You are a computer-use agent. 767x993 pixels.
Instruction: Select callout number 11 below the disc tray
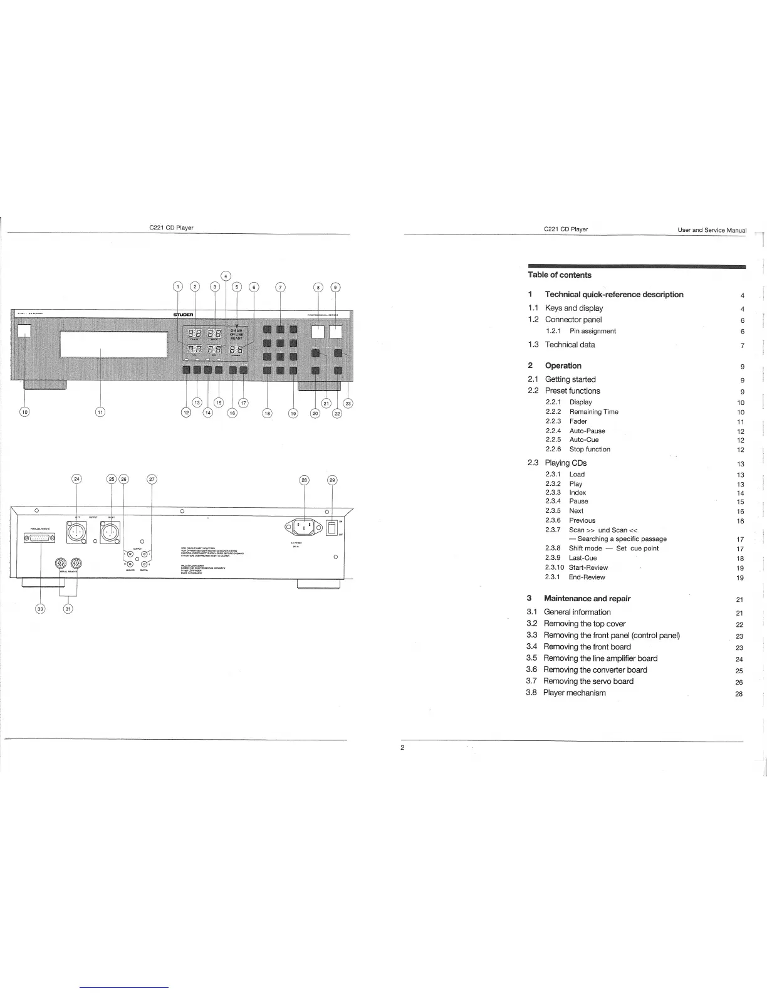(x=100, y=412)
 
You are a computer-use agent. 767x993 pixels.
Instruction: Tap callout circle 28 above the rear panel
(x=304, y=480)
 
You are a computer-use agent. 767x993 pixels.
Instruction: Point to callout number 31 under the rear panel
(x=68, y=608)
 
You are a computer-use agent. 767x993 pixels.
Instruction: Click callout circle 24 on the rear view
(x=76, y=480)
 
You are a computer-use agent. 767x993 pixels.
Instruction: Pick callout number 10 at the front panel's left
(x=24, y=412)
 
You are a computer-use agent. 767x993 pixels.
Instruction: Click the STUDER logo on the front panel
(x=183, y=314)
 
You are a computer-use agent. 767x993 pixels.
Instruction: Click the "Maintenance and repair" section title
(x=587, y=599)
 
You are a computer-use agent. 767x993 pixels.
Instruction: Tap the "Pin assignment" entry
(x=592, y=331)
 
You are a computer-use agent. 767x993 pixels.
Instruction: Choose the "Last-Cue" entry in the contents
(x=583, y=558)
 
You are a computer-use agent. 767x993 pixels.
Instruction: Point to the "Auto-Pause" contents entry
(x=587, y=431)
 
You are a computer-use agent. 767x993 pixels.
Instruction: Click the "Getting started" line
(x=570, y=379)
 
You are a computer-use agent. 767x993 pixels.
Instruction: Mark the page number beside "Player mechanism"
(x=739, y=694)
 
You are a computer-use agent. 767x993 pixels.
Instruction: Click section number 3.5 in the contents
(x=532, y=658)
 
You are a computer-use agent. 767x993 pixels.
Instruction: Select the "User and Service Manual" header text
(x=712, y=230)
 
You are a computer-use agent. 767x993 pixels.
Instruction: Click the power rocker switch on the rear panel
(x=332, y=527)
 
